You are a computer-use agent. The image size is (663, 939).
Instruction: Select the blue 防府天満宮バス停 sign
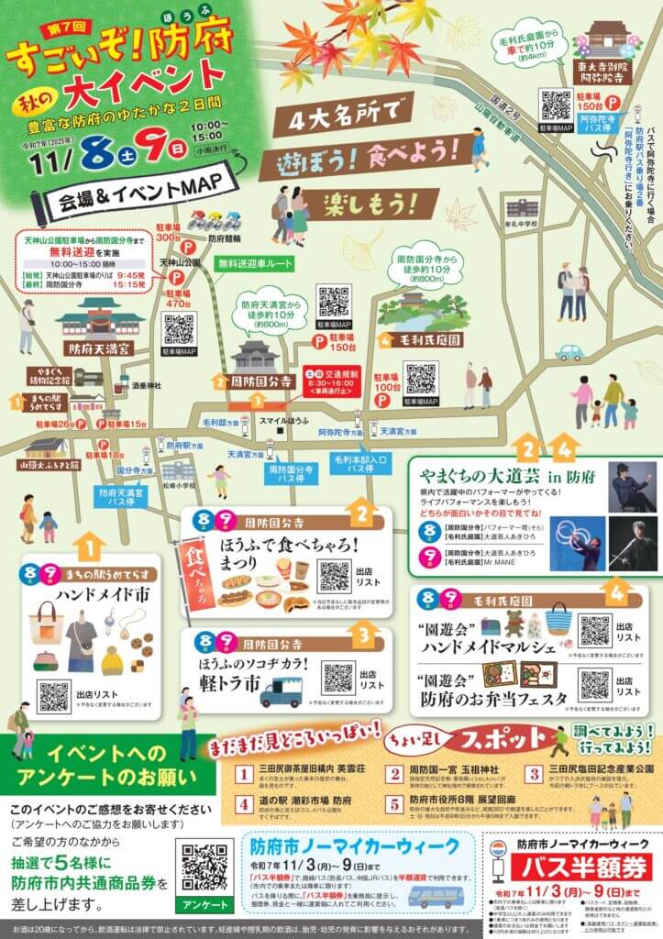[x=123, y=497]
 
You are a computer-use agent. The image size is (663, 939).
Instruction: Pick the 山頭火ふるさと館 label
[x=47, y=465]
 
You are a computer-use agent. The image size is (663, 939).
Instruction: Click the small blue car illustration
[x=569, y=352]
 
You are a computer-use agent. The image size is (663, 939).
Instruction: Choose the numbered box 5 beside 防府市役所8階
[x=393, y=804]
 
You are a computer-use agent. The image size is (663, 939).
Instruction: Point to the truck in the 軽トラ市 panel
[x=281, y=694]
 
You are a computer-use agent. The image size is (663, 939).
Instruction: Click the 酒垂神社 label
[x=138, y=386]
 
